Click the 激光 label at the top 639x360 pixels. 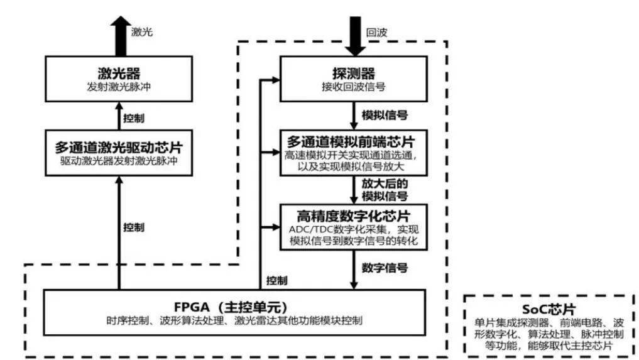[x=142, y=32]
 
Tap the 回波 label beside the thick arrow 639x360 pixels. [x=376, y=33]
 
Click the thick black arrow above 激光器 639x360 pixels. [x=121, y=36]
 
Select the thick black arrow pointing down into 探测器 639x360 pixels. [x=356, y=36]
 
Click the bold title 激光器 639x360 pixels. [x=119, y=74]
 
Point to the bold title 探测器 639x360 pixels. [x=353, y=74]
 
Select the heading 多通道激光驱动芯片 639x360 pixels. [x=119, y=147]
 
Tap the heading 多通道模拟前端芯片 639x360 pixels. [x=351, y=141]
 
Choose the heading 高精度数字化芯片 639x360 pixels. [x=353, y=215]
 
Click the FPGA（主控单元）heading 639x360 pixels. [x=231, y=307]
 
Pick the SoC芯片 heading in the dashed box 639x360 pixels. [x=549, y=309]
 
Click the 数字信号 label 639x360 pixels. [x=385, y=268]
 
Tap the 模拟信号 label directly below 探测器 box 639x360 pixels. [x=385, y=115]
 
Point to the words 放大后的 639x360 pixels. [x=385, y=184]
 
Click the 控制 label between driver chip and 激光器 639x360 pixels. [x=134, y=118]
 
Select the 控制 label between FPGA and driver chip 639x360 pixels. [x=134, y=227]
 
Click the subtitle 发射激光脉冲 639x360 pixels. [x=119, y=87]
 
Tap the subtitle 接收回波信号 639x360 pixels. [x=353, y=87]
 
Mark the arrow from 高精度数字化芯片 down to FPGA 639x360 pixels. [x=354, y=270]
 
